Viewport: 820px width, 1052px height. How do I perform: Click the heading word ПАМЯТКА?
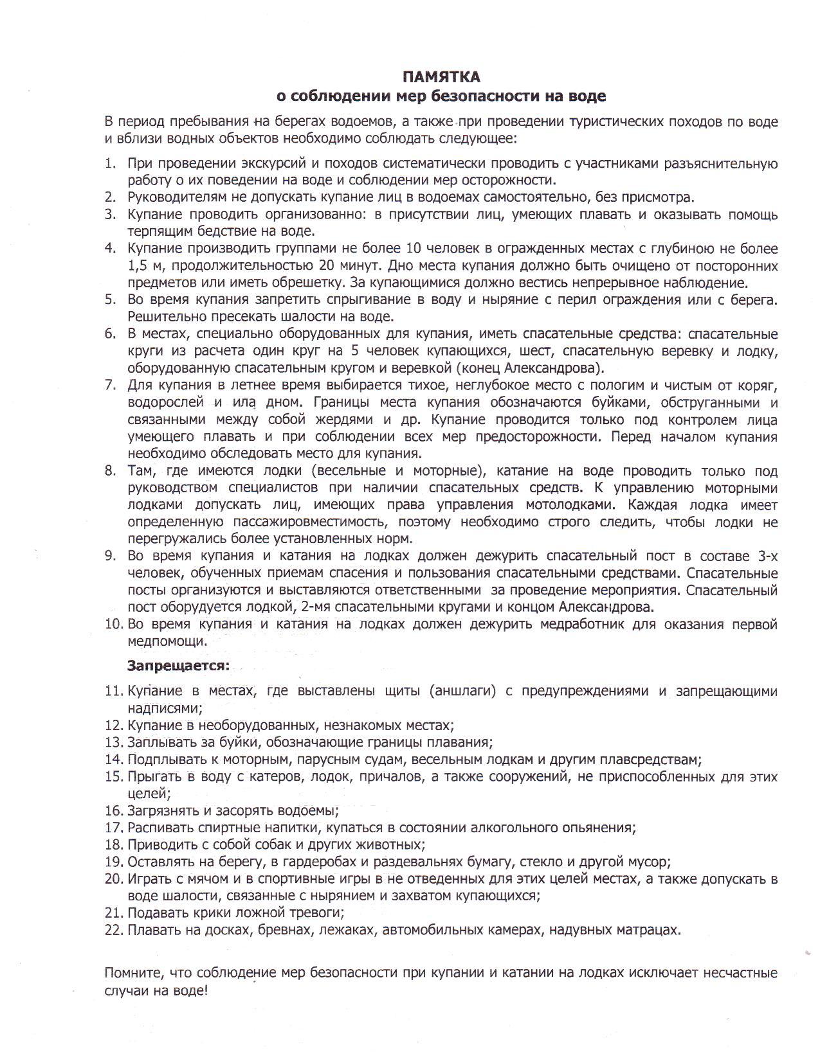441,77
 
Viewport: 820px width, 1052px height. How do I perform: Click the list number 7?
109,386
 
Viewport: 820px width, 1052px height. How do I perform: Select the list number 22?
113,930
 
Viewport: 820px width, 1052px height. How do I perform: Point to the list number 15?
113,776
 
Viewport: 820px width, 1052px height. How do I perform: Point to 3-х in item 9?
765,556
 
